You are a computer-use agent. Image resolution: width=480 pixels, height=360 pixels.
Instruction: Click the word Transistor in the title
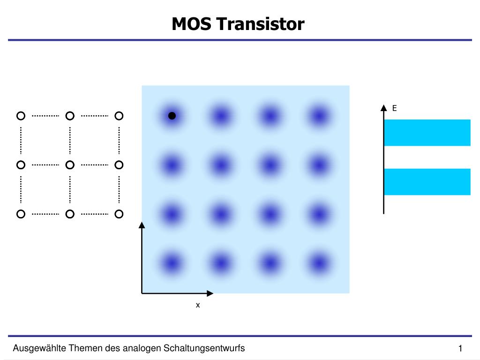tap(260, 24)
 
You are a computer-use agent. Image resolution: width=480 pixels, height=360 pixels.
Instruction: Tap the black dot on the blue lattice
tap(172, 116)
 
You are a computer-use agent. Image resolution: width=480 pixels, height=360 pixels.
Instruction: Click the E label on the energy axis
tap(394, 108)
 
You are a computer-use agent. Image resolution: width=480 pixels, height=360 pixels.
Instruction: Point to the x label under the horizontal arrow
tap(198, 305)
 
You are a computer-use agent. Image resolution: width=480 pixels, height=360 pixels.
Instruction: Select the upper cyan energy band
tap(427, 133)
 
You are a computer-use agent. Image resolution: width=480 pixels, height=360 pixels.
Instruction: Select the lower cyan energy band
tap(427, 181)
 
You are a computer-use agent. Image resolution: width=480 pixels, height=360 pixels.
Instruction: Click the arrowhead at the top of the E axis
tap(384, 107)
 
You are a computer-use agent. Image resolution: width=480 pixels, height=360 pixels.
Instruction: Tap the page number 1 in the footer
tap(461, 348)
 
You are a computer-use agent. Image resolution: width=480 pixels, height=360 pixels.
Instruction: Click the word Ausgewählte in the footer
tap(39, 348)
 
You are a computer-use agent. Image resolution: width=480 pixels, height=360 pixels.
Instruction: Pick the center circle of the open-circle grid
tap(70, 165)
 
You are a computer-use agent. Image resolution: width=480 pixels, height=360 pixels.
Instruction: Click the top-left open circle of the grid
tap(21, 115)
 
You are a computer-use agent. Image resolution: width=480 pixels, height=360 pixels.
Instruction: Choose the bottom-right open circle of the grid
tap(119, 214)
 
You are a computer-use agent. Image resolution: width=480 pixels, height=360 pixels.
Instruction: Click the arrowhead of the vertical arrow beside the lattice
tap(142, 225)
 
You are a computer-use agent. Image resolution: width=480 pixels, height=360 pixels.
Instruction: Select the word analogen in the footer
tap(143, 348)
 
